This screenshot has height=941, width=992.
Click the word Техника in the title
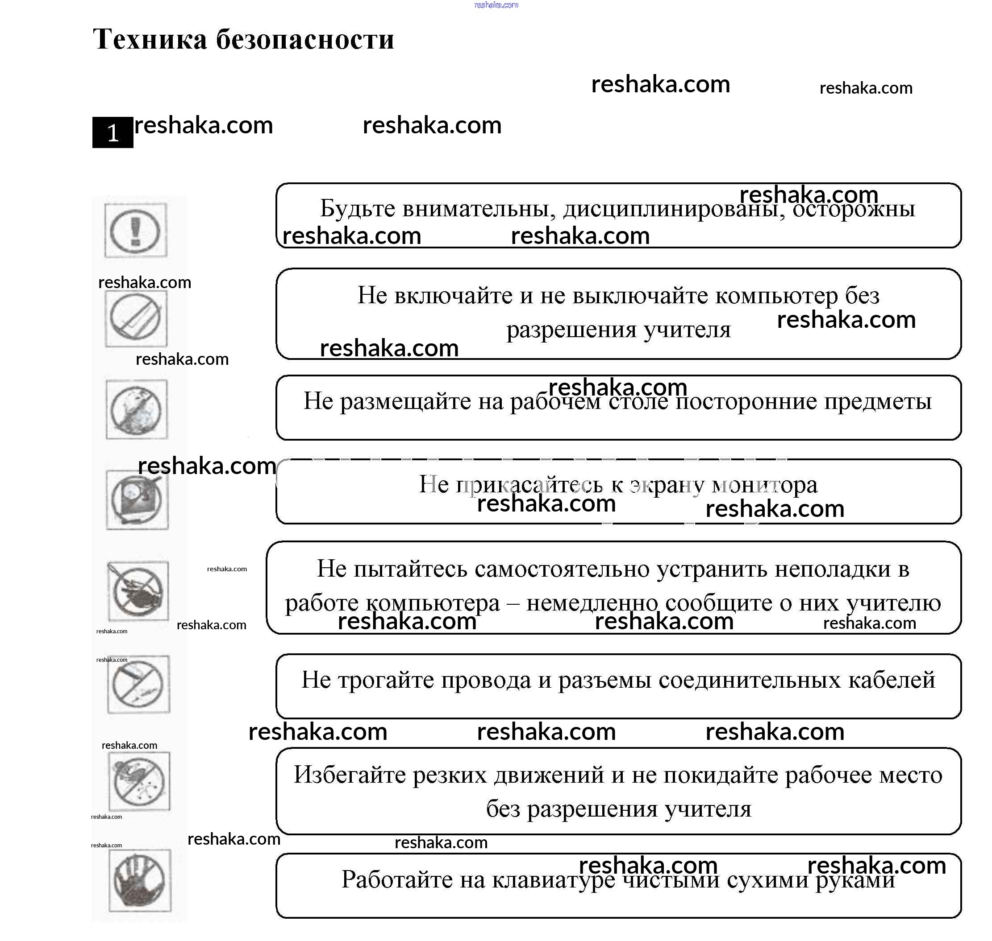(150, 39)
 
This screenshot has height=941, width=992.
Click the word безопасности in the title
(305, 39)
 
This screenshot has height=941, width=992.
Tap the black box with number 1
(113, 132)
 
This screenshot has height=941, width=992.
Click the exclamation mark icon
(136, 231)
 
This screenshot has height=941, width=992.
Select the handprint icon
(140, 881)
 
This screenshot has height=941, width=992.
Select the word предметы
(878, 401)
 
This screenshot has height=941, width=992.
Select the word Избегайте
(350, 775)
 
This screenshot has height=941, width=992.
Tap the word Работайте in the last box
(396, 880)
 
